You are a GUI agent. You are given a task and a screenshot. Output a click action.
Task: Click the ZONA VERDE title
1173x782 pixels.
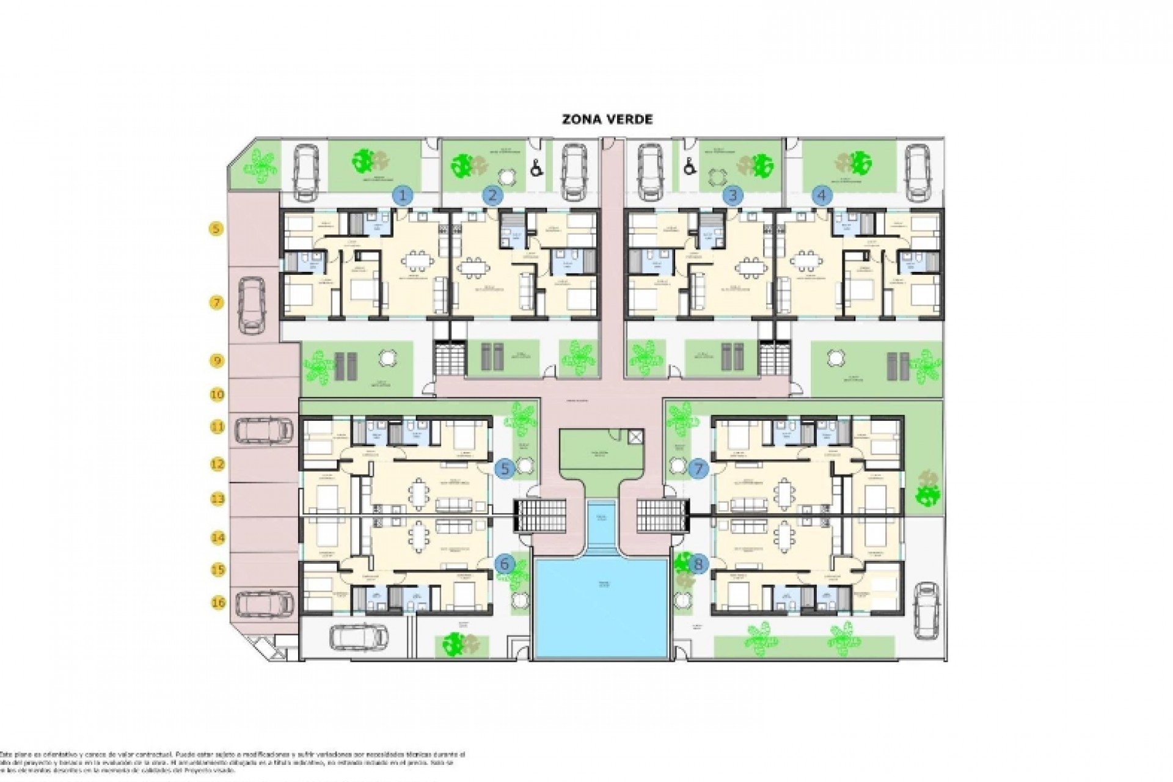[607, 119]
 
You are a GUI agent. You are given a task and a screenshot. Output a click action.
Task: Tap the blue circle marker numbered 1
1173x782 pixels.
[402, 196]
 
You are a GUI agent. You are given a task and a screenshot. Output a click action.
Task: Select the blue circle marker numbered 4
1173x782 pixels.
[822, 195]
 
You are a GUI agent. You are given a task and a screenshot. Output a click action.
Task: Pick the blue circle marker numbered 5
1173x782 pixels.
[505, 469]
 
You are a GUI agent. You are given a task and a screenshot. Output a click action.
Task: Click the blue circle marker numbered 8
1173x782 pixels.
[698, 565]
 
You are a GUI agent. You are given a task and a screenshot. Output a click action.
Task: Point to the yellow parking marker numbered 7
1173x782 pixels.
[216, 302]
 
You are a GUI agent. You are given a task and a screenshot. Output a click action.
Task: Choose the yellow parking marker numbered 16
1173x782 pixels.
[218, 603]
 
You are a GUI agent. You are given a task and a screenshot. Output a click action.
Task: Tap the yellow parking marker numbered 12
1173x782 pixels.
[217, 464]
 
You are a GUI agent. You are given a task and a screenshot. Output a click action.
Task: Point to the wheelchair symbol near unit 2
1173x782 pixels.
[536, 167]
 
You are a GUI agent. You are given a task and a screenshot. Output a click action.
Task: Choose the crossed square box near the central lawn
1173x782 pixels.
[635, 436]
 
